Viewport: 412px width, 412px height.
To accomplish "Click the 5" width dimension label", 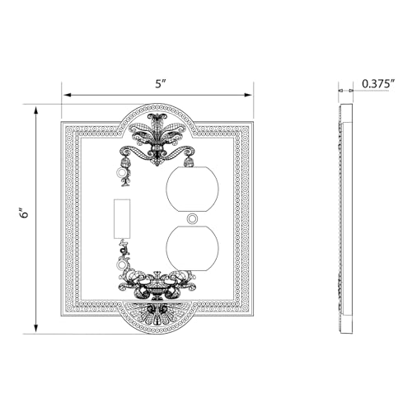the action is tap(161, 84).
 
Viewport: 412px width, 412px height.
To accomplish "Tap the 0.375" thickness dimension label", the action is tap(378, 83).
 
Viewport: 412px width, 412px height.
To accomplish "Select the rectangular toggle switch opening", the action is tap(122, 218).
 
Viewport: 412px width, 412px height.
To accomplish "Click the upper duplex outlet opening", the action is tap(192, 189).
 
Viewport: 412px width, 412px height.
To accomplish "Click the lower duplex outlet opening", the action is tap(192, 249).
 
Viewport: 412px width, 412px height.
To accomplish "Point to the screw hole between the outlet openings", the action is tap(192, 219).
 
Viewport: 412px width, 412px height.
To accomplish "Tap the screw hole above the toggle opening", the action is tap(120, 173).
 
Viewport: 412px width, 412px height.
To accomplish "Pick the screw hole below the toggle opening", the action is tap(120, 265).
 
